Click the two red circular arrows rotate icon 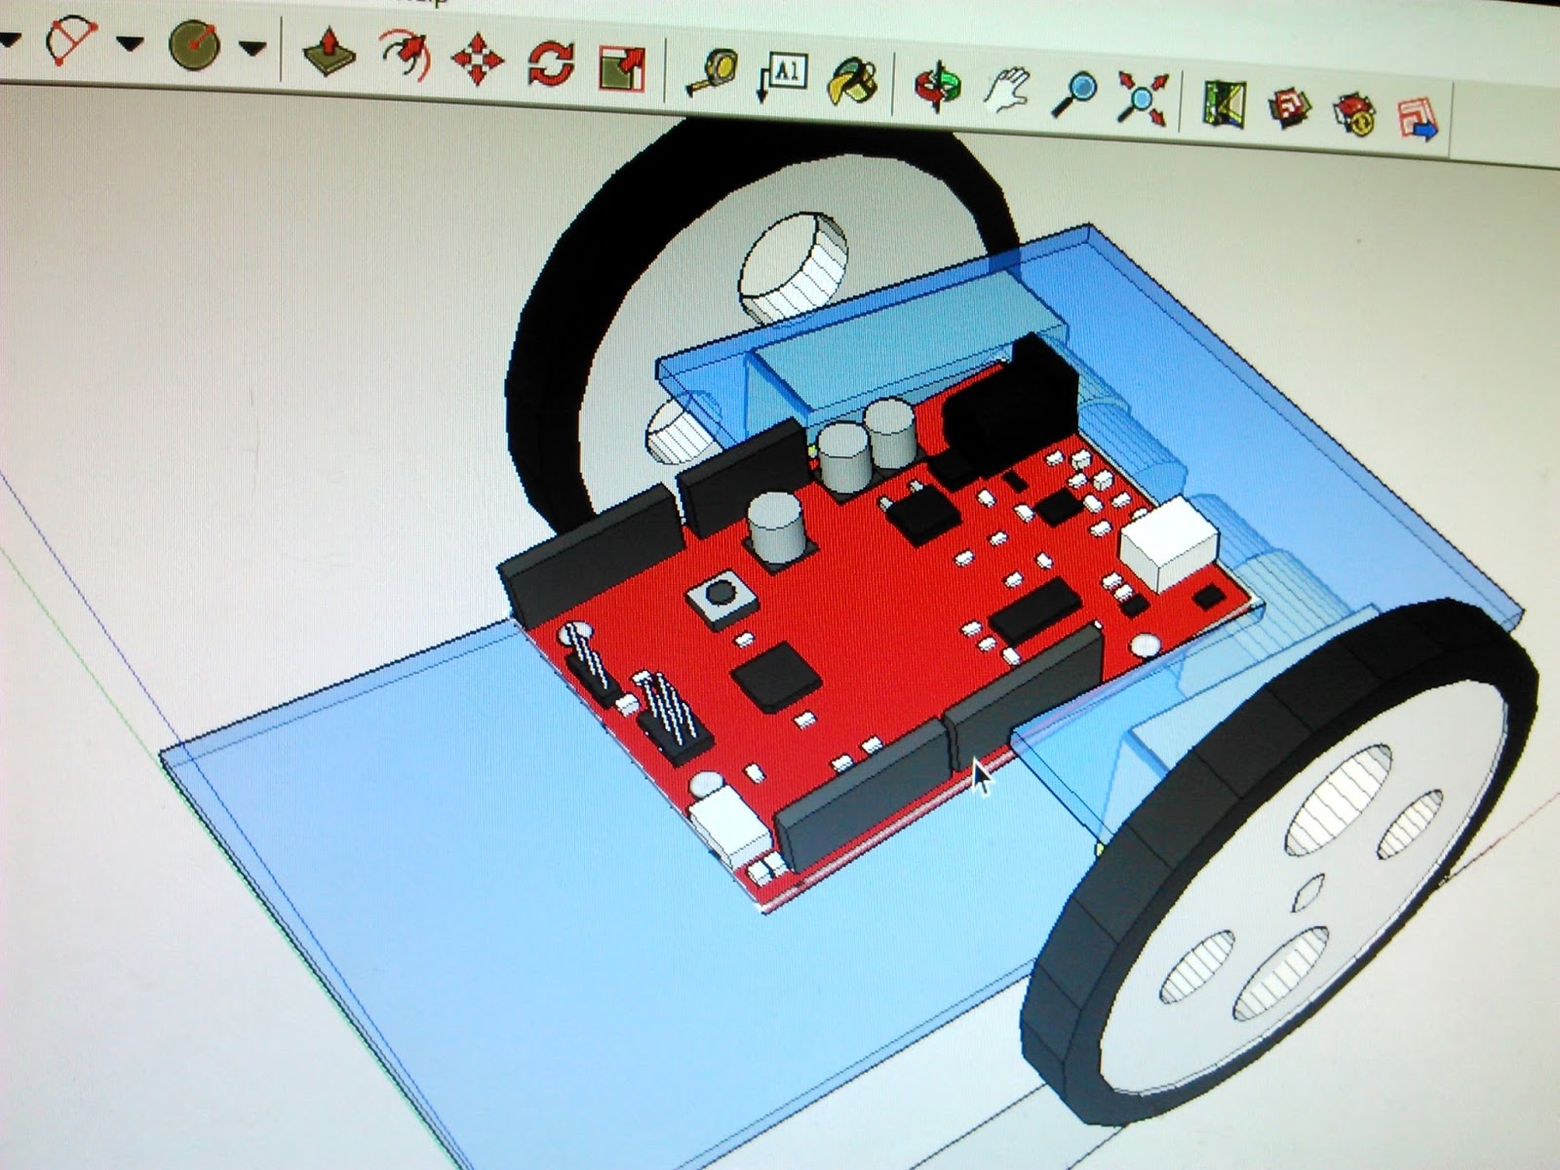[x=551, y=64]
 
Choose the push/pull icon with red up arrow [x=331, y=51]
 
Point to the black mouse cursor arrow [x=980, y=777]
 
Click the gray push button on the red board [x=720, y=593]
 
